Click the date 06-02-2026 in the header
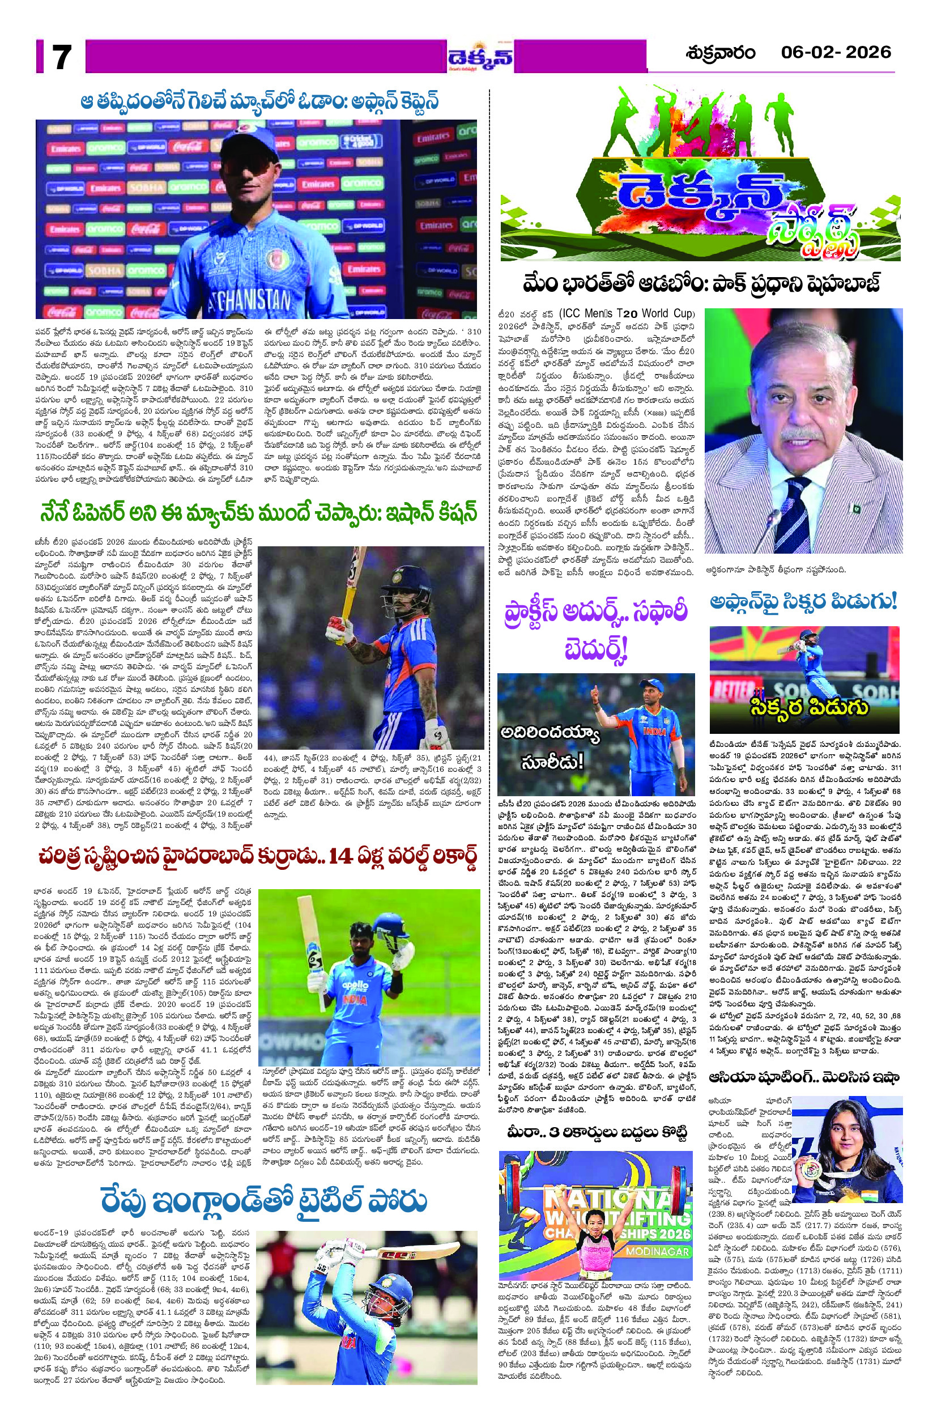[836, 53]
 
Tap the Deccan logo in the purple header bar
[481, 58]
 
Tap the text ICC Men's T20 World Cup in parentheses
[628, 315]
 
